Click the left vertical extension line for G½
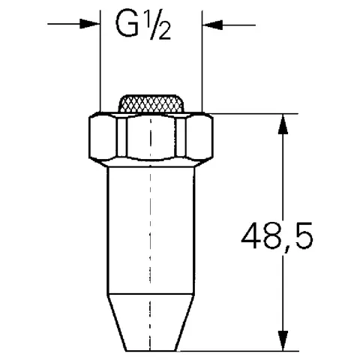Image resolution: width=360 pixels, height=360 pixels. pos(101,67)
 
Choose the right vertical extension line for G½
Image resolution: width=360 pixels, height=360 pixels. pos(202,67)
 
